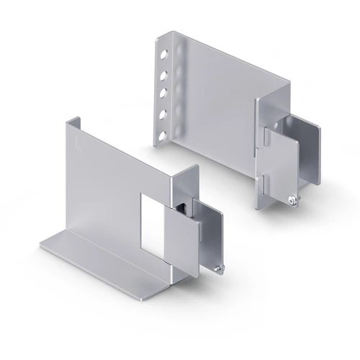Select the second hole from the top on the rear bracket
pyautogui.click(x=165, y=73)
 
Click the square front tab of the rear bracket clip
pyautogui.click(x=279, y=161)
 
